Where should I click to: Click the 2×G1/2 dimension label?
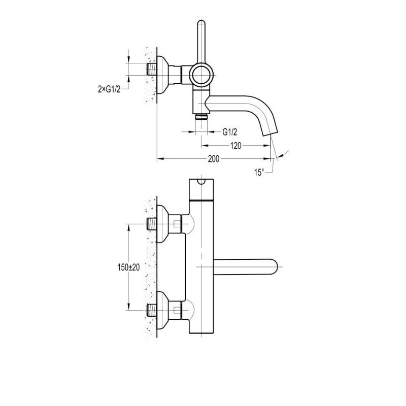tap(109, 89)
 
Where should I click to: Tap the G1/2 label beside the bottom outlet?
tap(230, 132)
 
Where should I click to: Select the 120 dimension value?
tap(235, 146)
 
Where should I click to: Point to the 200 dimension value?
tap(214, 159)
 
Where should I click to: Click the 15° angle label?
tap(259, 172)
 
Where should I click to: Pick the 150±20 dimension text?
tap(128, 267)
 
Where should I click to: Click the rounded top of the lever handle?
tap(201, 23)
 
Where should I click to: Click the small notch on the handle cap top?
tap(201, 181)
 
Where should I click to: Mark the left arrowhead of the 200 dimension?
tap(160, 159)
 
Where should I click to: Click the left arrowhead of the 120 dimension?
tap(205, 146)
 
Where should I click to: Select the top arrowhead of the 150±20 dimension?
tap(128, 227)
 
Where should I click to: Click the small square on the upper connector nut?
tap(177, 223)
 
